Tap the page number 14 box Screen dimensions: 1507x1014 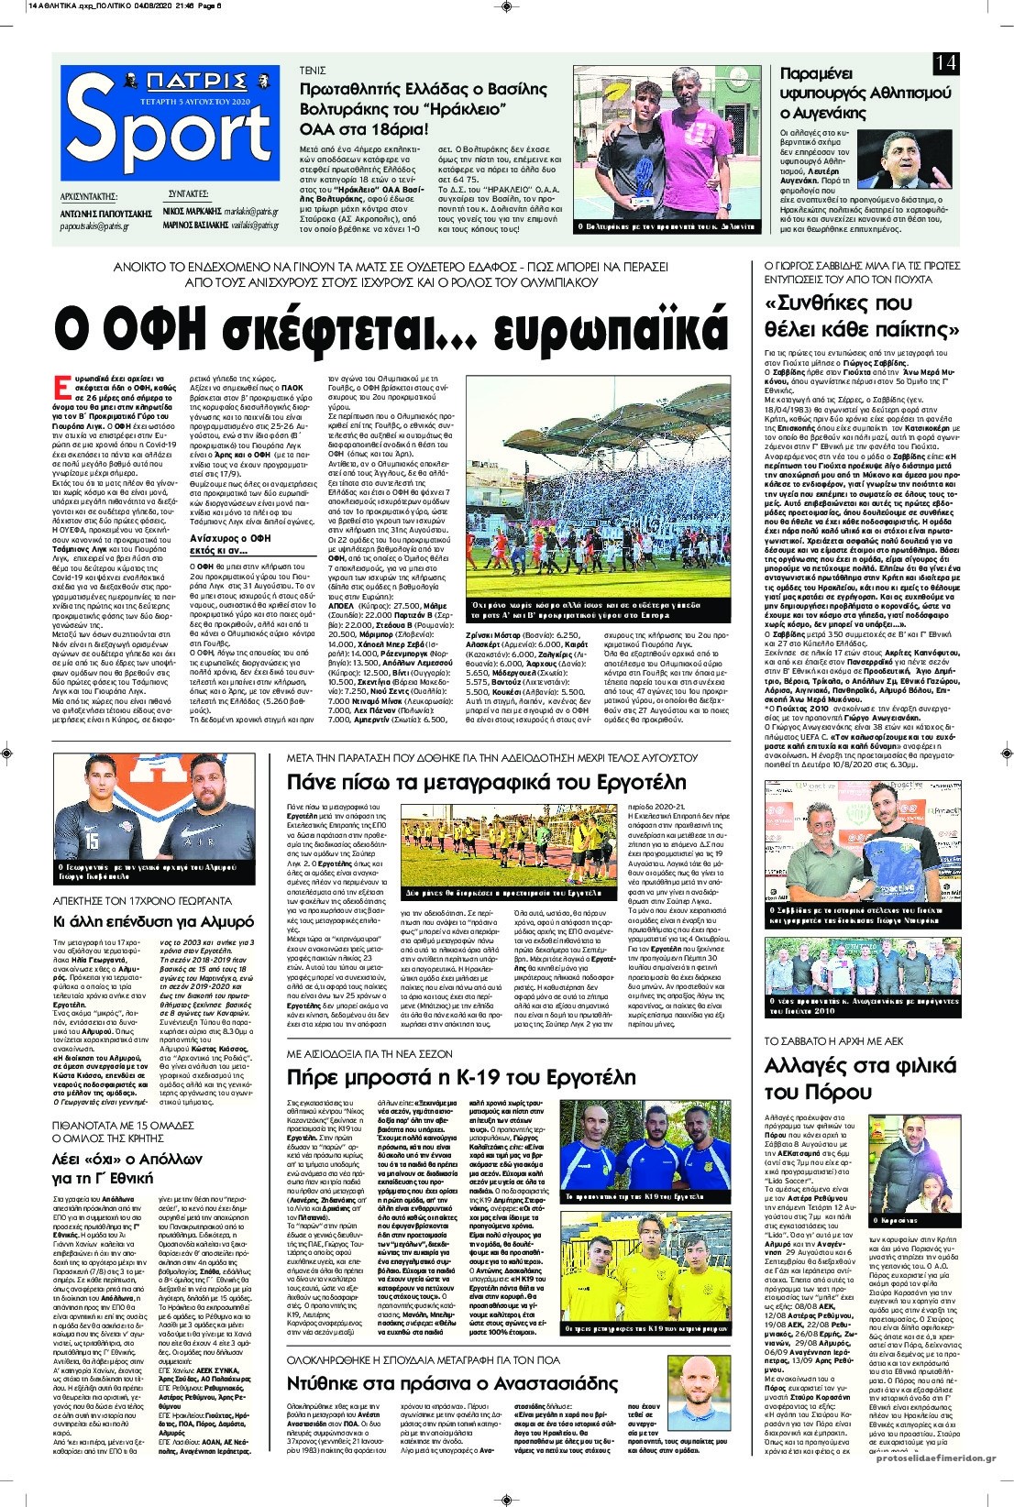946,63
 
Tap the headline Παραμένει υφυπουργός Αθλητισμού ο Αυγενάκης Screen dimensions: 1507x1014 865,93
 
